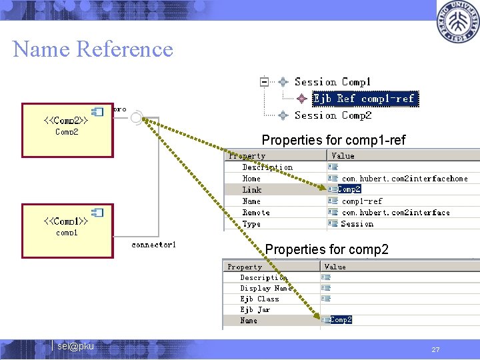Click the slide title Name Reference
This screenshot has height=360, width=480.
click(93, 49)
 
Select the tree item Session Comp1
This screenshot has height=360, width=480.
click(333, 82)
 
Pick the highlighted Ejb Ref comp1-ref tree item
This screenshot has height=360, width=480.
click(364, 99)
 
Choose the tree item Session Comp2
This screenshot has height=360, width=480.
click(333, 115)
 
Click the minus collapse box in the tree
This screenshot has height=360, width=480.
click(264, 82)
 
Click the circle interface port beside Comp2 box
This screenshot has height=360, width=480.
click(136, 119)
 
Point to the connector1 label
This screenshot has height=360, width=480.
click(154, 245)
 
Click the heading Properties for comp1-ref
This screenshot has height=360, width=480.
click(333, 140)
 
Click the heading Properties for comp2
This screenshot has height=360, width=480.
click(327, 249)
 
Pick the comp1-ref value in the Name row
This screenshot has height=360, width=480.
click(362, 201)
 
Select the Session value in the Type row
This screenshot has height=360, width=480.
click(357, 224)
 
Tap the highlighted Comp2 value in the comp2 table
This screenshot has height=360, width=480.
click(341, 320)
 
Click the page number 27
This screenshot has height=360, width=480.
click(435, 349)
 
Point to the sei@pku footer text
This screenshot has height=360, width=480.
click(75, 347)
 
